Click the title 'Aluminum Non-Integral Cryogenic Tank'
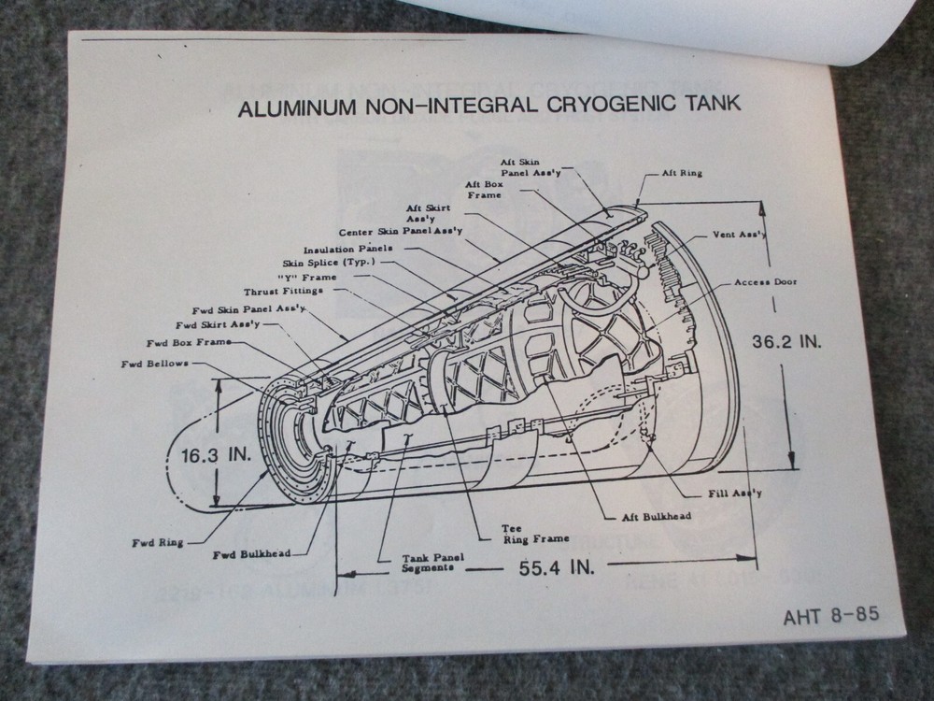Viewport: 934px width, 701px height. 490,105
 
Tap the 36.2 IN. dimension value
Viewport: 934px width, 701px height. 787,342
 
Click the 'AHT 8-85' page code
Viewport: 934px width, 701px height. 830,618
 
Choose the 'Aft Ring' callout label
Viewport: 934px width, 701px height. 683,174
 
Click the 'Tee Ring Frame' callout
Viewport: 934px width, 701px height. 524,532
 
